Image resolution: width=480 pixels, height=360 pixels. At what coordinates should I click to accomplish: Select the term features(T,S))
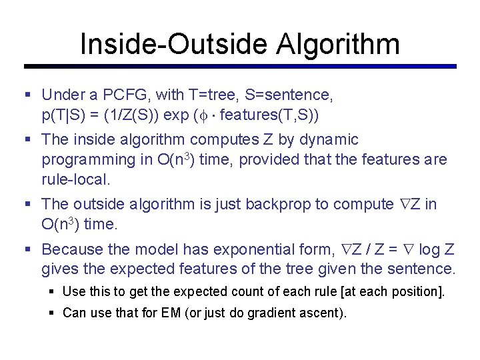(x=269, y=115)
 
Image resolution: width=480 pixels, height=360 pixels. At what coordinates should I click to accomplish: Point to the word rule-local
(x=75, y=180)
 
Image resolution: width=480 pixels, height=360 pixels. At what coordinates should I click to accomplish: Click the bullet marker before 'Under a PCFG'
(x=27, y=95)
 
